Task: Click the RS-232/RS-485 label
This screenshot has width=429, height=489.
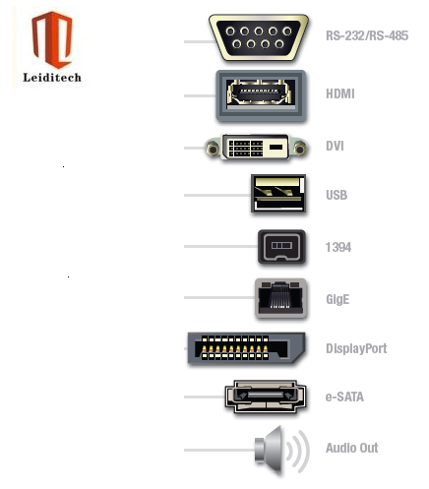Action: point(367,35)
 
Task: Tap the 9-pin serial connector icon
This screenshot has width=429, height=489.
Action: point(259,37)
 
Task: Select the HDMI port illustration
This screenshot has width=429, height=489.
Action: point(261,95)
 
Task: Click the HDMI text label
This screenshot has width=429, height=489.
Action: point(340,94)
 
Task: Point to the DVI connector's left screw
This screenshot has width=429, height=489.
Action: point(213,149)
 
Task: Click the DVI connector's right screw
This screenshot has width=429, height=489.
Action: point(300,149)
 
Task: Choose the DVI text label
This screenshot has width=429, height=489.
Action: point(335,147)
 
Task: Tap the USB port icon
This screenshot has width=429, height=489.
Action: point(278,194)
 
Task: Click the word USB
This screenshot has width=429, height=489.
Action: point(337,195)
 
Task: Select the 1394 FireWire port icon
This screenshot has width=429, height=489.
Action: point(281,247)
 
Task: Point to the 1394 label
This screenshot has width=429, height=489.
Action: point(338,247)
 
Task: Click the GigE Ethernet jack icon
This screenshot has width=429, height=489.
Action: point(280,298)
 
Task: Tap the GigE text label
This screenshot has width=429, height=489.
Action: point(337,300)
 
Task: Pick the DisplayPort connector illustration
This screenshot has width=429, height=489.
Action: point(246,348)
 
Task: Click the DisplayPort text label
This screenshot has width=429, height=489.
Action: point(356,348)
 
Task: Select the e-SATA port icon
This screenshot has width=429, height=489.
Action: point(266,397)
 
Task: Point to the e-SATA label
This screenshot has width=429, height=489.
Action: point(344,397)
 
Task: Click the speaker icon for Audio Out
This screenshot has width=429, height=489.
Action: point(282,451)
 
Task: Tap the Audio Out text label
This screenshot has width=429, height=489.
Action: point(351,448)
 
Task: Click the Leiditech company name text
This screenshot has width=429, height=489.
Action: point(52,78)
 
